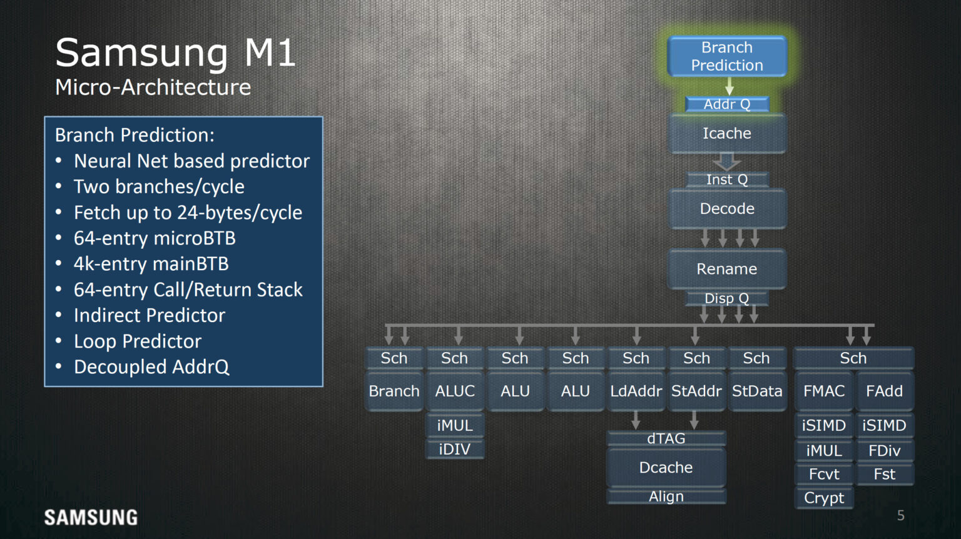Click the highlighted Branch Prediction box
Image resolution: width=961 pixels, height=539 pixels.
coord(727,56)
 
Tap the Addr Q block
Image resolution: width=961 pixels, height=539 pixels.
coord(727,104)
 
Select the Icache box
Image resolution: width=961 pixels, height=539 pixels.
coord(727,133)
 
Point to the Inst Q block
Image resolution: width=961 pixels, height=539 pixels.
coord(727,180)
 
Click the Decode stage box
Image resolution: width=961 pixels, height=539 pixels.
coord(727,209)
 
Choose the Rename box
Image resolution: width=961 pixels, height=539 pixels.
coord(727,269)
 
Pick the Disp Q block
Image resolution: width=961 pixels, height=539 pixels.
coord(727,298)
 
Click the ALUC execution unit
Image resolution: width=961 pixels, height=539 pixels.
coord(455,391)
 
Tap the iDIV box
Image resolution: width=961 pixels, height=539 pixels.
coord(455,449)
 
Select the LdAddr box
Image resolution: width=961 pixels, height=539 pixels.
coord(636,391)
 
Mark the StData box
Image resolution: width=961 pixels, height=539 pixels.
coord(757,391)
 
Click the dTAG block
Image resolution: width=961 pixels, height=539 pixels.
coord(666,438)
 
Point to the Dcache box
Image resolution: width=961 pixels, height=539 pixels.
coord(666,468)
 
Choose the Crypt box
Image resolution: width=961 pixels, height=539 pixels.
coord(824,498)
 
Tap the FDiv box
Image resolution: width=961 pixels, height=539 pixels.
coord(885,451)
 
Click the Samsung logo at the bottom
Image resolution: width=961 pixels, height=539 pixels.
coord(91,518)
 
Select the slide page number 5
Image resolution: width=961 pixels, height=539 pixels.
coord(901,516)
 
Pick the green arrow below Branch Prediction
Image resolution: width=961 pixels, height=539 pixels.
coord(730,86)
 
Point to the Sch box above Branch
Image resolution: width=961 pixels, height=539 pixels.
coord(394,358)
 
